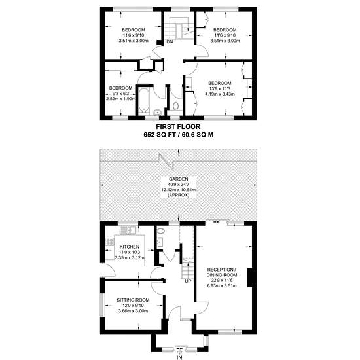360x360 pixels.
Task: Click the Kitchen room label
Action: (x=130, y=247)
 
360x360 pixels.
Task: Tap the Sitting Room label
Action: (x=133, y=300)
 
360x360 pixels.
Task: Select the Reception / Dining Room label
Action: (x=222, y=272)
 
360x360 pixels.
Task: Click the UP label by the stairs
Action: (x=188, y=281)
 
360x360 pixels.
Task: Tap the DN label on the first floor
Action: (x=170, y=42)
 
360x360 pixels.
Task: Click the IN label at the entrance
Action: (x=179, y=357)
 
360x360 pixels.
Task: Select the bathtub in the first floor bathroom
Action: (x=144, y=100)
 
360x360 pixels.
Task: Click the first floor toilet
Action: (x=175, y=106)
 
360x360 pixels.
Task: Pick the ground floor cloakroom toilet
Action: (x=161, y=231)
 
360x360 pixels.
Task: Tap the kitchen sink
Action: (x=128, y=230)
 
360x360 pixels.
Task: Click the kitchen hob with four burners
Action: (x=109, y=242)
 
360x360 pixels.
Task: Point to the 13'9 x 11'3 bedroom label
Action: (x=220, y=88)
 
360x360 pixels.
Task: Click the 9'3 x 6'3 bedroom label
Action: (x=120, y=94)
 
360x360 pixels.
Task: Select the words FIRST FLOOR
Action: (x=178, y=126)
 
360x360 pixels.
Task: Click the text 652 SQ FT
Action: (x=159, y=135)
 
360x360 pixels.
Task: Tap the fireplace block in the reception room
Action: (x=250, y=278)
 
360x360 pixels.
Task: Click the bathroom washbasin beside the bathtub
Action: (x=158, y=113)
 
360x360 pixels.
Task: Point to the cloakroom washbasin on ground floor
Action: (x=160, y=242)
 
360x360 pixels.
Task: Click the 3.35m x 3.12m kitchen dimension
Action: (x=130, y=258)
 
